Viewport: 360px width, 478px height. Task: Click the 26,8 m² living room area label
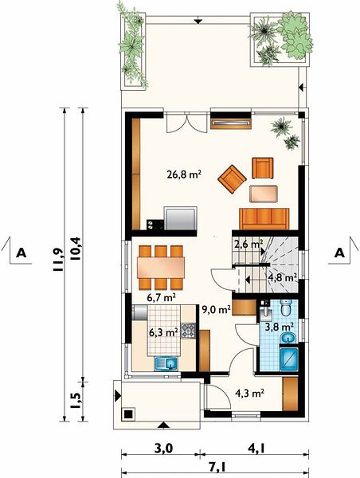[x=184, y=174]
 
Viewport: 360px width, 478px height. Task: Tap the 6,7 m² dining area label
[x=161, y=297]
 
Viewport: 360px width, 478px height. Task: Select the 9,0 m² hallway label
[x=216, y=310]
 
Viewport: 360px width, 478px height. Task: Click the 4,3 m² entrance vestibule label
[x=249, y=394]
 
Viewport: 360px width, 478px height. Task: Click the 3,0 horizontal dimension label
[x=164, y=449]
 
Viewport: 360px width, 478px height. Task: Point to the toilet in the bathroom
[x=286, y=308]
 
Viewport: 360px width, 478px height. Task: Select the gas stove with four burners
[x=188, y=331]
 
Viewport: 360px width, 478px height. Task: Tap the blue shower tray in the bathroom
[x=289, y=359]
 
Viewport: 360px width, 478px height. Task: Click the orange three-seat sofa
[x=264, y=219]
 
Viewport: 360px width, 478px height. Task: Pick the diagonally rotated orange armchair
[x=233, y=179]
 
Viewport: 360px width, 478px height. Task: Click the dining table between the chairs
[x=161, y=268]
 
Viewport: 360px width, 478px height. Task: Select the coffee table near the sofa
[x=264, y=194]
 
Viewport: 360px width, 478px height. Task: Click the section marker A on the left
[x=21, y=253]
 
